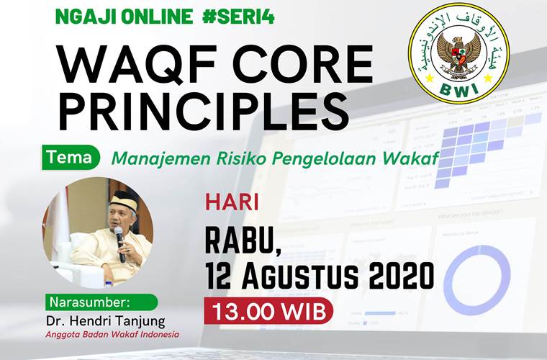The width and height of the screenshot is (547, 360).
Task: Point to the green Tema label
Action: click(71, 157)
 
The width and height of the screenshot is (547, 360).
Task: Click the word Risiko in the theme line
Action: click(244, 158)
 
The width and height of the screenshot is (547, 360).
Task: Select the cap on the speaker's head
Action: click(121, 198)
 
